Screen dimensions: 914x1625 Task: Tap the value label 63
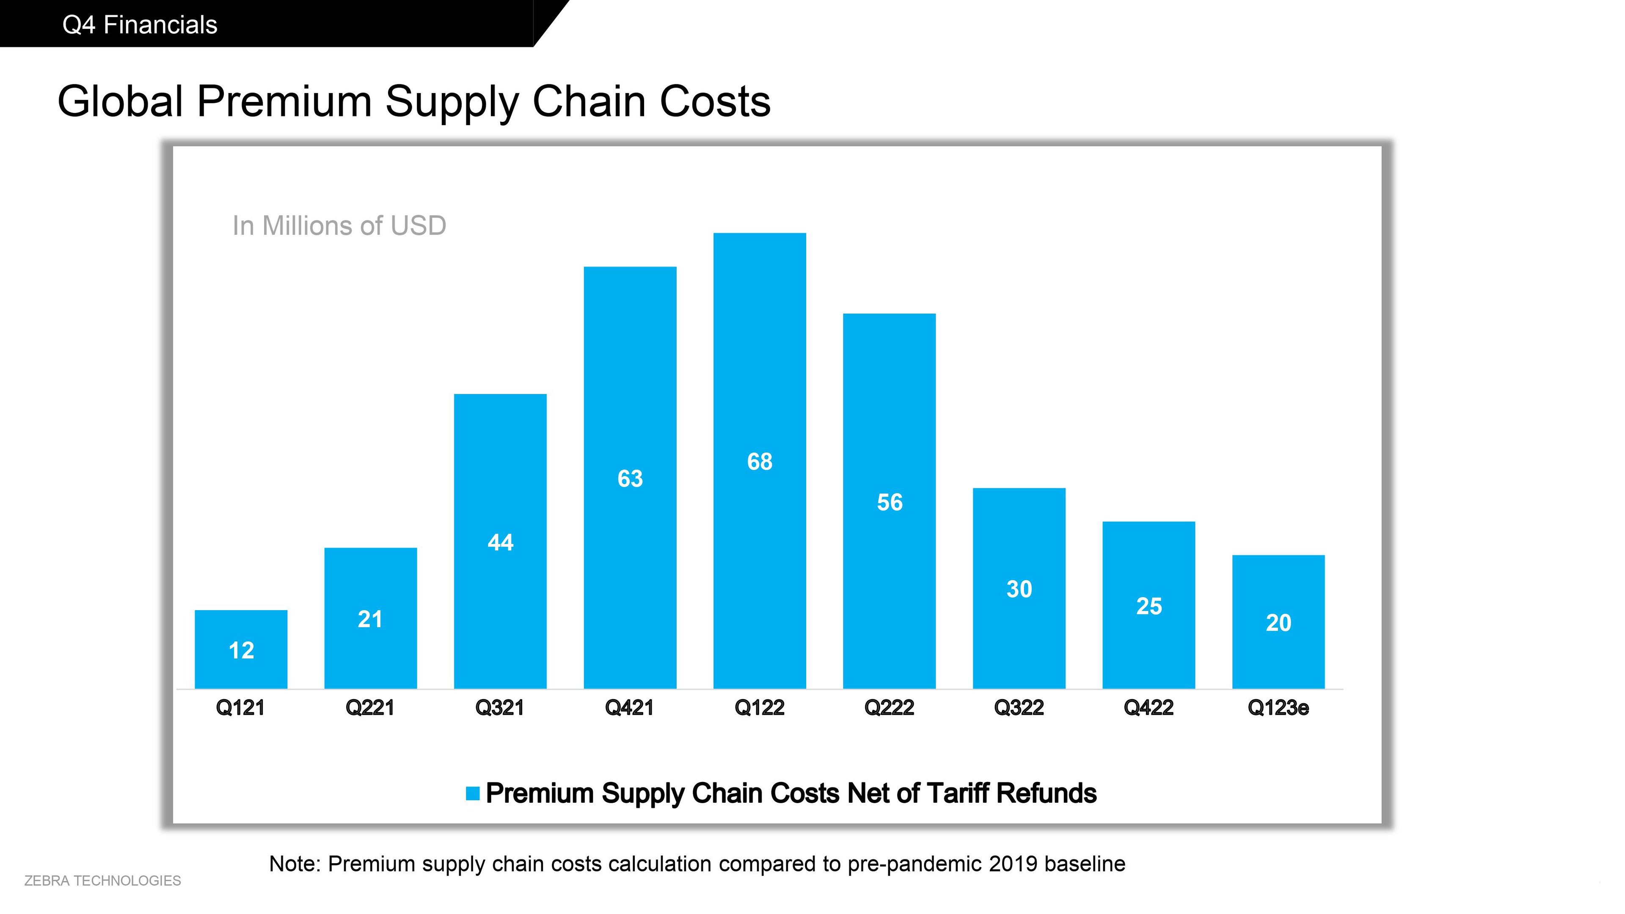(x=630, y=479)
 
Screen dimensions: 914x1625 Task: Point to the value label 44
(x=500, y=542)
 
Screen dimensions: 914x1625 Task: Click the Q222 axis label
(x=889, y=708)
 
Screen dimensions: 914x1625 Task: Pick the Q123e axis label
(x=1278, y=708)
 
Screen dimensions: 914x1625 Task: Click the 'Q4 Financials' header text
(x=140, y=25)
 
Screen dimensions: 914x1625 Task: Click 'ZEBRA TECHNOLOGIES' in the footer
(x=102, y=881)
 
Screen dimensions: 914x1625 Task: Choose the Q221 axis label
(x=370, y=708)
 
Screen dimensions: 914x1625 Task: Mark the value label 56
(x=890, y=503)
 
